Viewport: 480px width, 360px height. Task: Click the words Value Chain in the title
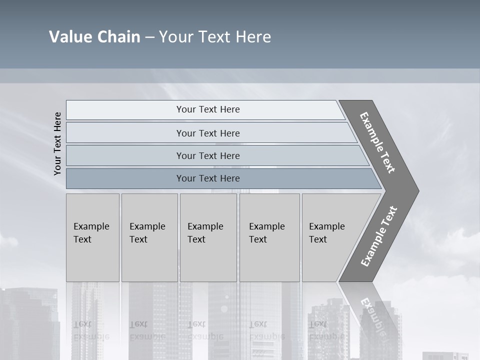click(x=94, y=37)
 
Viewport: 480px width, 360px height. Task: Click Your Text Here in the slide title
click(x=215, y=37)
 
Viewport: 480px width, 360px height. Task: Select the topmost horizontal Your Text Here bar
click(x=208, y=109)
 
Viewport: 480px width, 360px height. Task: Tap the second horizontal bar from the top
click(x=208, y=133)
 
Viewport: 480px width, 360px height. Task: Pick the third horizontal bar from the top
click(x=208, y=155)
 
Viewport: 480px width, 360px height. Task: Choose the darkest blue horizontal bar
click(x=208, y=178)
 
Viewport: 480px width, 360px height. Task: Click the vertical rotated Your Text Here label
click(x=58, y=143)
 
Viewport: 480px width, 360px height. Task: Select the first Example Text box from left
click(x=92, y=237)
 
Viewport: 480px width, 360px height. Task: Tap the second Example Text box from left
click(x=149, y=237)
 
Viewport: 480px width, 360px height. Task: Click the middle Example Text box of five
click(x=208, y=237)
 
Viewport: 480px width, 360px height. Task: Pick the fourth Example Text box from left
click(x=269, y=237)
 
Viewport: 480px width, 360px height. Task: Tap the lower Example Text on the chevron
click(x=378, y=236)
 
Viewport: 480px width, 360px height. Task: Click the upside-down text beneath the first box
click(x=91, y=330)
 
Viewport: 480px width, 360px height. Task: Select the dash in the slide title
click(x=149, y=37)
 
